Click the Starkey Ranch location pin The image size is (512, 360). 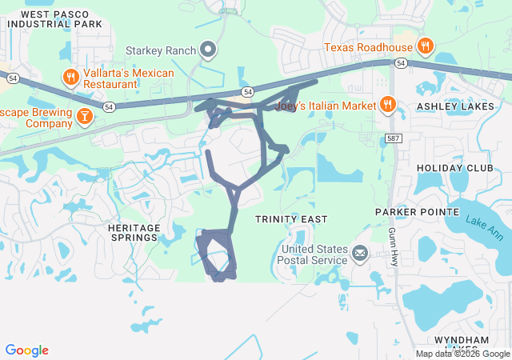point(208,50)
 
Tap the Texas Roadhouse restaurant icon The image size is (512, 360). point(425,46)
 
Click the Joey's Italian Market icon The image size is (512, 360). point(387,105)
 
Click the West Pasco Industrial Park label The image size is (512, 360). point(55,19)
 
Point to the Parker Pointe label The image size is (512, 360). point(418,212)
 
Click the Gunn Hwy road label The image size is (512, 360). point(393,246)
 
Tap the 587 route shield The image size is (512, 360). point(392,138)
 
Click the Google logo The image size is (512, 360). point(26,350)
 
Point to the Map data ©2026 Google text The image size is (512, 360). point(462,354)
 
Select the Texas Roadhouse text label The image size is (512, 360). point(369,46)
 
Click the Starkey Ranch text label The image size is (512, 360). point(161,50)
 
